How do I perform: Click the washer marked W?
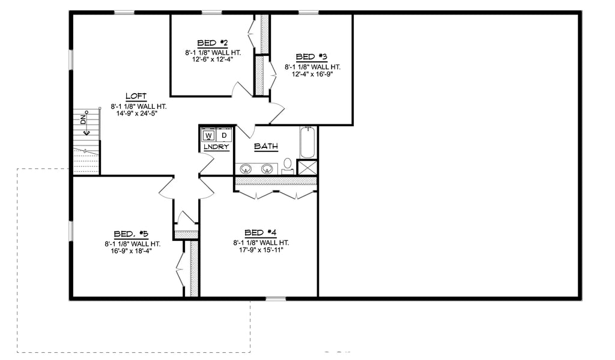pos(208,136)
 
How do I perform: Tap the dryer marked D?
pos(223,136)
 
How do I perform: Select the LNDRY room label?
pos(216,147)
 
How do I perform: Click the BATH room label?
pos(266,146)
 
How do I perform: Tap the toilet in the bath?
pos(288,164)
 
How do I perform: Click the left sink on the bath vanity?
pos(246,168)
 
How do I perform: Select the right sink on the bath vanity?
pos(267,168)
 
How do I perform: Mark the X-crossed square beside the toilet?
pos(307,168)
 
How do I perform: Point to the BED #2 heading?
pos(212,43)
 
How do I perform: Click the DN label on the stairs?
pos(83,121)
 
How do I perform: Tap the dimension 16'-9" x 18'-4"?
pos(130,252)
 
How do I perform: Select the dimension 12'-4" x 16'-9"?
pos(312,75)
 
